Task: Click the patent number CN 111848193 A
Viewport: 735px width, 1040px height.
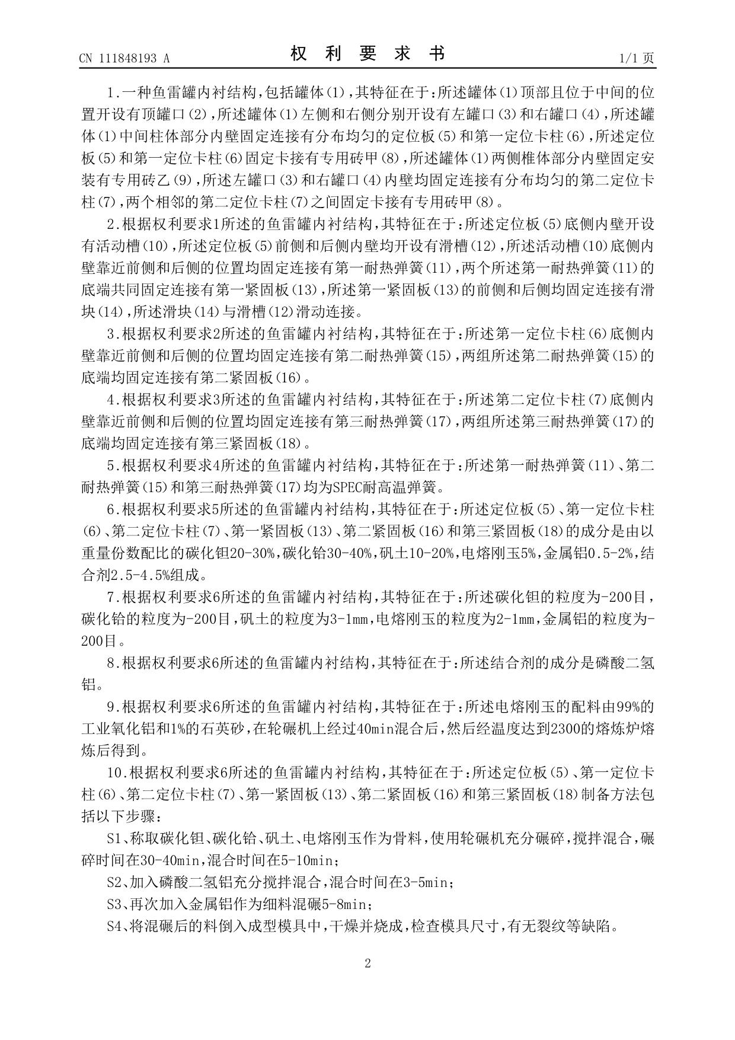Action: (x=124, y=58)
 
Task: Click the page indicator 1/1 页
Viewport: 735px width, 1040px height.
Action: (x=637, y=58)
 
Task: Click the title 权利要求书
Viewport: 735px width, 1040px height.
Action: (x=367, y=54)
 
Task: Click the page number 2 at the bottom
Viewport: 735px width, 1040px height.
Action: (x=367, y=964)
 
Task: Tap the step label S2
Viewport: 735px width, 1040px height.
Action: (x=114, y=882)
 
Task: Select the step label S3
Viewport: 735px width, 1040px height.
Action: (x=114, y=904)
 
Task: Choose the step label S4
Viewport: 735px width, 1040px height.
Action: (x=114, y=926)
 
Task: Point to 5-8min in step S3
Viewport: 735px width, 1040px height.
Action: (x=349, y=904)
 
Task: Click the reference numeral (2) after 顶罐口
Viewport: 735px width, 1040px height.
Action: (x=200, y=114)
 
